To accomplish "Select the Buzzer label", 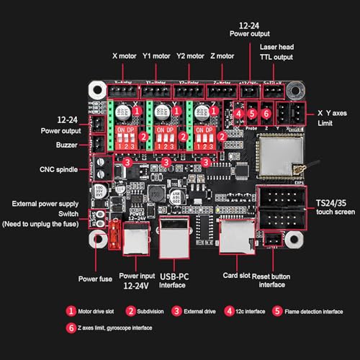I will [66, 144].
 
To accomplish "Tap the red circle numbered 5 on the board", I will [252, 113].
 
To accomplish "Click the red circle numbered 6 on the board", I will [266, 113].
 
